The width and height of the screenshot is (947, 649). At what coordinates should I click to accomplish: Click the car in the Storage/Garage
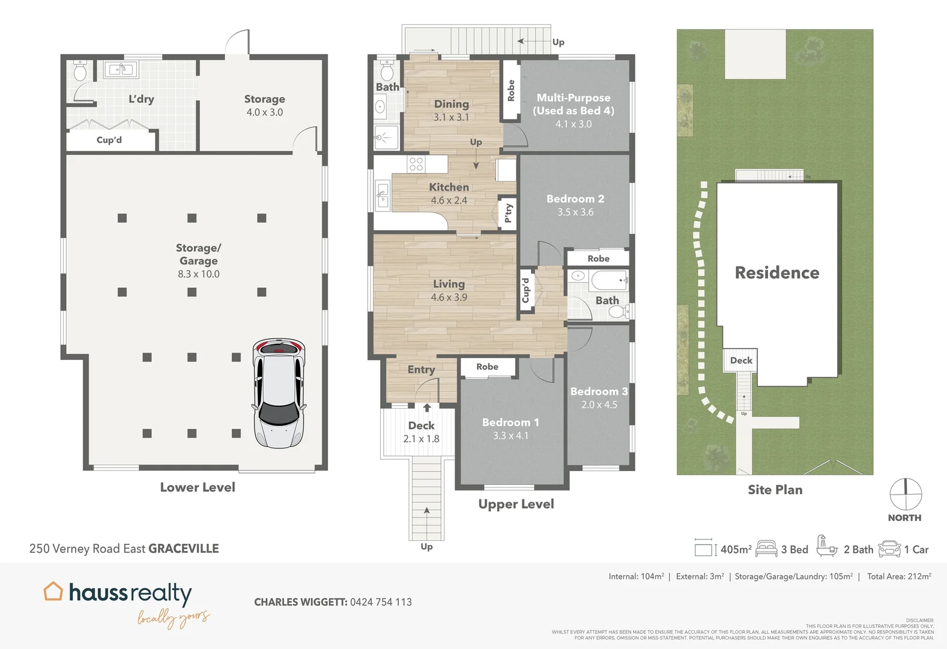(x=279, y=393)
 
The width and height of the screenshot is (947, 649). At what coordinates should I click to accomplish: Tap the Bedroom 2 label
(x=575, y=199)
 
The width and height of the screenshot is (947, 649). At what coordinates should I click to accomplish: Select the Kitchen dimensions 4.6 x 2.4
(x=449, y=201)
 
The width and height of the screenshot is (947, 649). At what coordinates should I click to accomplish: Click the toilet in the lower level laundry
(x=80, y=72)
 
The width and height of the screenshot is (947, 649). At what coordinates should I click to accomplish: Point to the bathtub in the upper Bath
(x=608, y=280)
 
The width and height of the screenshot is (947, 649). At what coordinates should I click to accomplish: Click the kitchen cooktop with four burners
(x=416, y=163)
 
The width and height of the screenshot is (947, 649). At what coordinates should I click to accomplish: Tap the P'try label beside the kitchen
(x=508, y=213)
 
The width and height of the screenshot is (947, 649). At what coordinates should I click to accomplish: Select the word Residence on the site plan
(x=776, y=273)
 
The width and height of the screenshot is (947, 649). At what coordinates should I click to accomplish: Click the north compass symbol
(x=905, y=494)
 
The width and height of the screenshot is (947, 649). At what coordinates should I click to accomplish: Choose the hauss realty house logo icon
(x=53, y=591)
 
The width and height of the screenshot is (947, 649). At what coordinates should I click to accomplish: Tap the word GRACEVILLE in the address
(x=183, y=549)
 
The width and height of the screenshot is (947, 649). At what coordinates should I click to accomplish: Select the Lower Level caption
(x=198, y=487)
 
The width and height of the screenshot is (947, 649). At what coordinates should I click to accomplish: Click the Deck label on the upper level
(x=421, y=425)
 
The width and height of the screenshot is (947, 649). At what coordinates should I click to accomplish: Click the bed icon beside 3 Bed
(x=766, y=549)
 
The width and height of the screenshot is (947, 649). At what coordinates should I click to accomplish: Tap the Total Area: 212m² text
(x=898, y=576)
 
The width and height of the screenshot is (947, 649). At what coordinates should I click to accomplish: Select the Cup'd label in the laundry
(x=109, y=140)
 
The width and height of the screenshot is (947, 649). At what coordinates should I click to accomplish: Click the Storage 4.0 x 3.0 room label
(x=264, y=105)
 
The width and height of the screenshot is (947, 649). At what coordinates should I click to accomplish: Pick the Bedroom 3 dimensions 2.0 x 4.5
(x=599, y=405)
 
